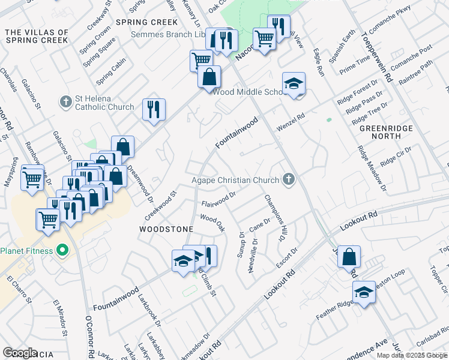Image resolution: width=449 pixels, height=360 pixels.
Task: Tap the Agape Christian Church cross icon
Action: click(289, 179)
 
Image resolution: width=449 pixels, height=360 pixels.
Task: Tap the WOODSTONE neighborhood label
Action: click(166, 229)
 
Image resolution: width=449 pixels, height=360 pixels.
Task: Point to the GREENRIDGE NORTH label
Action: click(380, 133)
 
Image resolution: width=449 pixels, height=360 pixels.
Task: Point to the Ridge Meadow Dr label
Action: click(371, 169)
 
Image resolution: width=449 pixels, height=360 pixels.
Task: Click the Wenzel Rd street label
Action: click(291, 122)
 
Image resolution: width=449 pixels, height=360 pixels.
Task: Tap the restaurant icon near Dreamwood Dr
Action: click(154, 109)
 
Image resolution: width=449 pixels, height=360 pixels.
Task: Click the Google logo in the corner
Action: click(20, 353)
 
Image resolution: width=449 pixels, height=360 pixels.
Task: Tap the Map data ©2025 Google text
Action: click(412, 355)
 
